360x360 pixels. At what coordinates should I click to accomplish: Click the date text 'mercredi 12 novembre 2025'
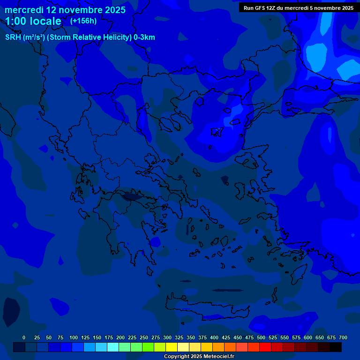(65, 10)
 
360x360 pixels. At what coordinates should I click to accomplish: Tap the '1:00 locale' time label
(33, 22)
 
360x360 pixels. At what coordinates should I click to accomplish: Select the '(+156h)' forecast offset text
(83, 21)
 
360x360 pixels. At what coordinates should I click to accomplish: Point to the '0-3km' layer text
(144, 37)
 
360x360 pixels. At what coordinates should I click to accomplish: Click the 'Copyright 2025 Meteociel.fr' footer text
(199, 356)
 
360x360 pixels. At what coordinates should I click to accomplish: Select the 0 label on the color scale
(24, 337)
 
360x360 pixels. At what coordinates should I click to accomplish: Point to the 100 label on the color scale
(74, 337)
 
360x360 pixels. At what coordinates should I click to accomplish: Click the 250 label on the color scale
(144, 337)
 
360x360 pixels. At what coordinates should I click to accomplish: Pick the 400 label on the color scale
(214, 337)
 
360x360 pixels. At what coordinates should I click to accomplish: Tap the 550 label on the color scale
(285, 337)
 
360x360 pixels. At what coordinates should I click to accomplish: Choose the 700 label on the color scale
(343, 337)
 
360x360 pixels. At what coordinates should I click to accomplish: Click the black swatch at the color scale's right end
(336, 347)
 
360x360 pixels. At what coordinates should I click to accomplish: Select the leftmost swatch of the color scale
(19, 347)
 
